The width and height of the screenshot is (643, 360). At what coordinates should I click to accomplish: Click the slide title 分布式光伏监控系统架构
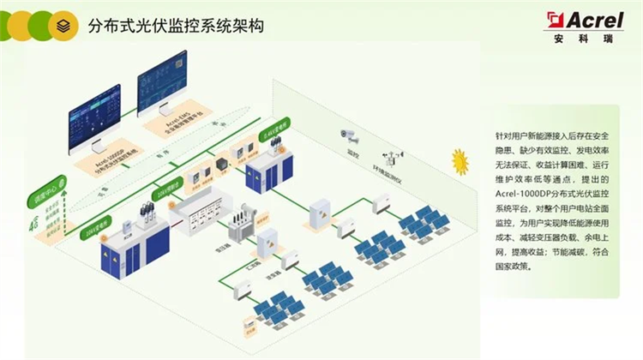pos(176,27)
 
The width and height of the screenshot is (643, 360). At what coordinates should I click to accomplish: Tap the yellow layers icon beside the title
pos(62,27)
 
